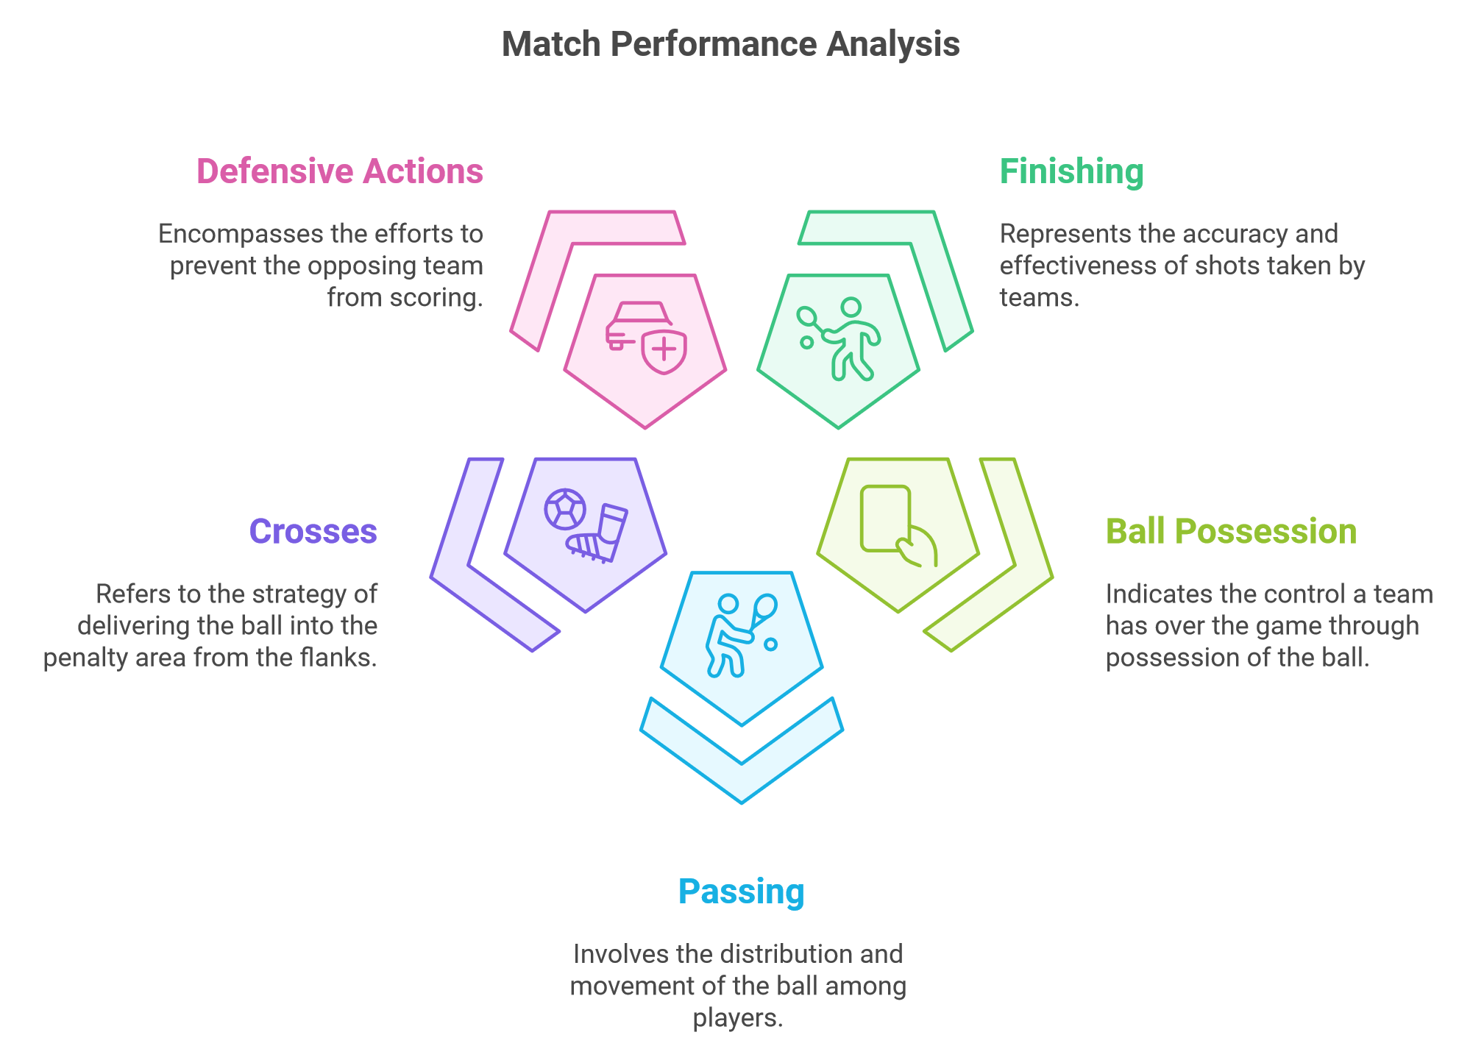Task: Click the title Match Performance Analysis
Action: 731,44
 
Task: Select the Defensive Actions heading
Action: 340,171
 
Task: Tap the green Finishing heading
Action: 1071,172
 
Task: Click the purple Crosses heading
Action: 313,531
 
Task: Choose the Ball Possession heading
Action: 1231,531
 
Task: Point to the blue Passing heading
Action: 741,892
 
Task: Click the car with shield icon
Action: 646,338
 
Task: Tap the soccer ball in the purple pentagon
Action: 565,509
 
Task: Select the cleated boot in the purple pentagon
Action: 597,534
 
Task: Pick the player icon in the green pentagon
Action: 839,339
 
